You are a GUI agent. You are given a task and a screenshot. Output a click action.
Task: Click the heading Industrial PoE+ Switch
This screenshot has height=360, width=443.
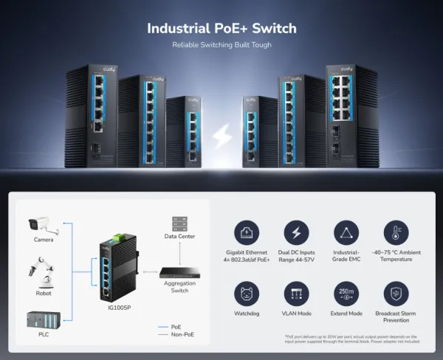[x=221, y=29]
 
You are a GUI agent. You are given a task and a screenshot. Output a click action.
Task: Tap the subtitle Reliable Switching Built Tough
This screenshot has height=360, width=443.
[x=221, y=45]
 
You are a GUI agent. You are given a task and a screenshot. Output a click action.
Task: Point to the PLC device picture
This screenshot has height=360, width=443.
[x=43, y=319]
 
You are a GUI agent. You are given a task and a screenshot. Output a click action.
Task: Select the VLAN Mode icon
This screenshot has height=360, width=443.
[x=296, y=294]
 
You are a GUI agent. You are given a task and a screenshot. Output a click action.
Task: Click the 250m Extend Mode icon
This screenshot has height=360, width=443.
[x=346, y=294]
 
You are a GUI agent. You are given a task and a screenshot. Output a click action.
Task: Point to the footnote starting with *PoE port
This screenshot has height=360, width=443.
[x=351, y=339]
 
